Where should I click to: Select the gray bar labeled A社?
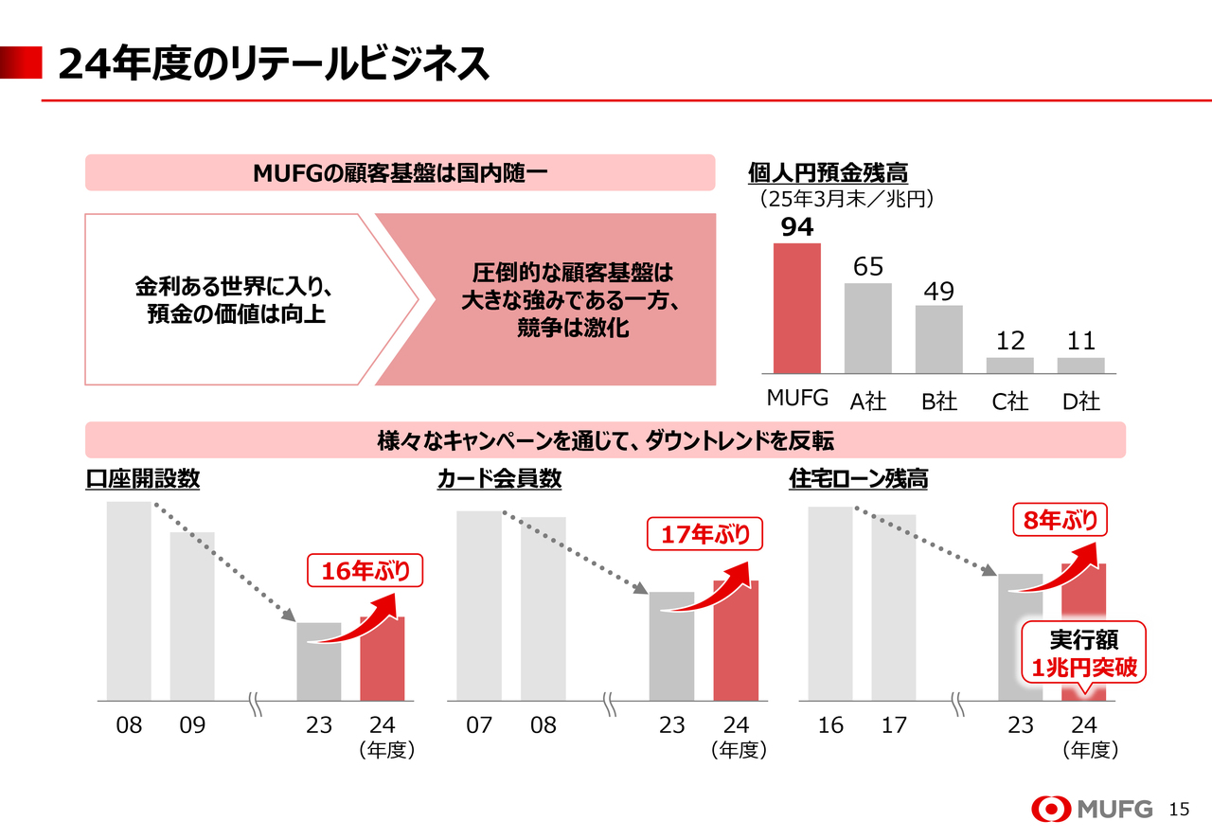pyautogui.click(x=867, y=328)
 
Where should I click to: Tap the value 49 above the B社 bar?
pyautogui.click(x=938, y=292)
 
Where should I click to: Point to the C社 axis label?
pyautogui.click(x=1009, y=402)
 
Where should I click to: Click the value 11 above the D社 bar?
pyautogui.click(x=1080, y=341)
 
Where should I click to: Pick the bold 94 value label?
pyautogui.click(x=796, y=228)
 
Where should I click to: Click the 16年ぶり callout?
pyautogui.click(x=365, y=571)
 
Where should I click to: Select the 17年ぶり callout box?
pyautogui.click(x=704, y=535)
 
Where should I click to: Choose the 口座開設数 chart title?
pyautogui.click(x=143, y=479)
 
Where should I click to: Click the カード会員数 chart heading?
pyautogui.click(x=499, y=479)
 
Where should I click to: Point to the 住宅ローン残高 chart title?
pyautogui.click(x=858, y=479)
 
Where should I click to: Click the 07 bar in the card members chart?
pyautogui.click(x=479, y=606)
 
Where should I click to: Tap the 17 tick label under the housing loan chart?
pyautogui.click(x=894, y=725)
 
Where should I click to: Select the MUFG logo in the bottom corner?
pyautogui.click(x=1093, y=809)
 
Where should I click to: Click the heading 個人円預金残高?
pyautogui.click(x=828, y=173)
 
